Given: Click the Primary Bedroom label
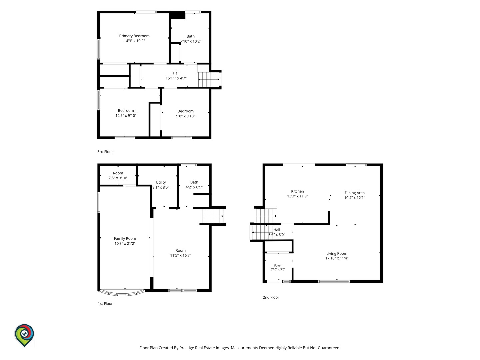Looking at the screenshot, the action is tap(134, 36).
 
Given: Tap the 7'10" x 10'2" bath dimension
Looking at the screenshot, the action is tap(190, 41).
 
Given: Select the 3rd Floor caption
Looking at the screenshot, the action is tap(105, 152).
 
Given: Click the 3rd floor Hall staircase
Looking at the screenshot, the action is tap(209, 79).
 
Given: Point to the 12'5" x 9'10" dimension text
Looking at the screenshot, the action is tap(126, 116).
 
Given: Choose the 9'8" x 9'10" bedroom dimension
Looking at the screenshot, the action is tap(185, 116).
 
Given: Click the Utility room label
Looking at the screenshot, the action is tap(161, 182).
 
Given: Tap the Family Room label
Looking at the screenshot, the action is tap(125, 238).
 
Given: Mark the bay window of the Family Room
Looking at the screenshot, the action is tap(122, 293).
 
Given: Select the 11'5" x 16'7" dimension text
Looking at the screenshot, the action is tap(181, 255).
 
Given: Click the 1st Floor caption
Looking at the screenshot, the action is tap(105, 304).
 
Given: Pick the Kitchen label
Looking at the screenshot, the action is tap(297, 191).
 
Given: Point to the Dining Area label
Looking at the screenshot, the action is tap(354, 193).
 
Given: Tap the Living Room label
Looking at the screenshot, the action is tap(337, 253).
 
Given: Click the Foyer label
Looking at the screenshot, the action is tap(278, 266).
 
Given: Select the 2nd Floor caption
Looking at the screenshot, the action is tap(271, 297).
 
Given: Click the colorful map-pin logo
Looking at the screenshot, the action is tap(24, 335).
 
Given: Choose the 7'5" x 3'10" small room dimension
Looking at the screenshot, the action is tap(118, 178).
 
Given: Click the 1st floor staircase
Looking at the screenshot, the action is tap(213, 216).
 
